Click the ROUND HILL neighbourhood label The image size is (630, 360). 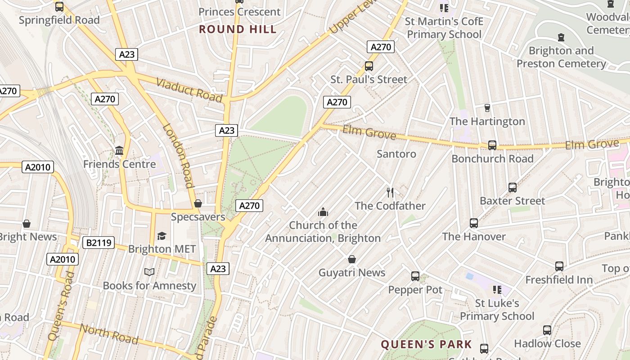pyautogui.click(x=238, y=30)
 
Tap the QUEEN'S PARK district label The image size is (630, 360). pyautogui.click(x=426, y=345)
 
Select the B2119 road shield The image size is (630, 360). pyautogui.click(x=99, y=243)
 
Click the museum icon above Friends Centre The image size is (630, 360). pyautogui.click(x=119, y=150)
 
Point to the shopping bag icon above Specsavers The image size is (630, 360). pyautogui.click(x=198, y=203)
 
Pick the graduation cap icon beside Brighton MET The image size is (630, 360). pyautogui.click(x=162, y=236)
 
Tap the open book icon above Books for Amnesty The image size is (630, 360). pyautogui.click(x=149, y=272)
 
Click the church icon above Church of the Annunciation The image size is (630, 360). pyautogui.click(x=323, y=212)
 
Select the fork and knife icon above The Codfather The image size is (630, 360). pyautogui.click(x=390, y=193)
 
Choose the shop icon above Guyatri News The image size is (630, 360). pyautogui.click(x=352, y=259)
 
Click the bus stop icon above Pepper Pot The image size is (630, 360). pyautogui.click(x=415, y=276)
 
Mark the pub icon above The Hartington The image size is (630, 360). pyautogui.click(x=487, y=108)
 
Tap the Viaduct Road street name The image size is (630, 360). pyautogui.click(x=189, y=90)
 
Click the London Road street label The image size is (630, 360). pyautogui.click(x=178, y=155)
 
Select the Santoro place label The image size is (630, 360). pyautogui.click(x=396, y=154)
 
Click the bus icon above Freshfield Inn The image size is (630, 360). pyautogui.click(x=559, y=266)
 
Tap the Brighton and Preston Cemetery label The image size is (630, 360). pyautogui.click(x=561, y=57)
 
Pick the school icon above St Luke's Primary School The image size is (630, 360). pyautogui.click(x=497, y=290)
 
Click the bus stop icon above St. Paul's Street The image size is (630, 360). pyautogui.click(x=369, y=66)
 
